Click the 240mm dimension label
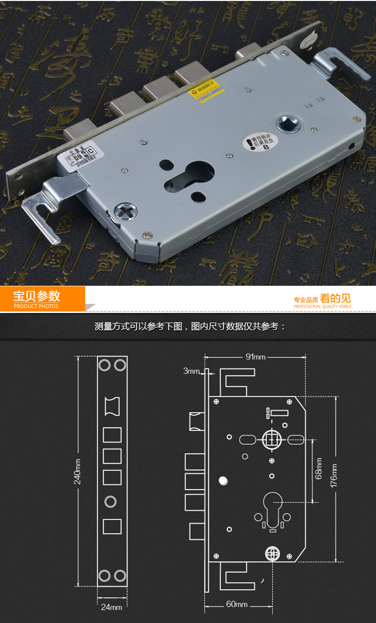[78, 472]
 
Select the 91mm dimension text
[256, 357]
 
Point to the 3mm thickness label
[192, 371]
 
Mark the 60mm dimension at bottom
[237, 604]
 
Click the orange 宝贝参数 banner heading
[37, 296]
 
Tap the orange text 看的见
[335, 299]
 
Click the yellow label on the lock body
[207, 91]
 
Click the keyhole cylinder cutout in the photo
[193, 175]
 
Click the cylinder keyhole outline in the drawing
[272, 508]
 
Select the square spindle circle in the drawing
[271, 438]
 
